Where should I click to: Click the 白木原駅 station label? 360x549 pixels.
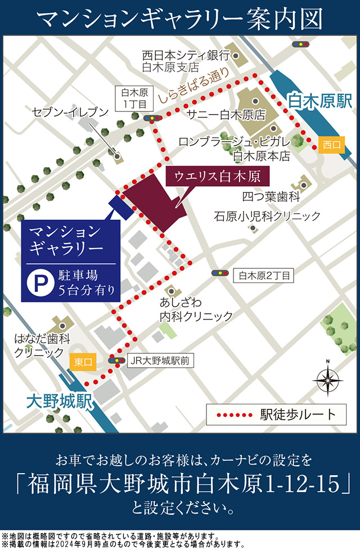pyautogui.click(x=319, y=101)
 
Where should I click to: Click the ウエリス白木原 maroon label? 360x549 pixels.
pyautogui.click(x=217, y=177)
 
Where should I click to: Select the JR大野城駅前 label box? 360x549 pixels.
pyautogui.click(x=160, y=361)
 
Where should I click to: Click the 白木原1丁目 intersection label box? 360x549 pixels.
pyautogui.click(x=133, y=98)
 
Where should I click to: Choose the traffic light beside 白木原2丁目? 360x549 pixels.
pyautogui.click(x=220, y=273)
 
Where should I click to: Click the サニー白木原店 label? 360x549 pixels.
pyautogui.click(x=226, y=115)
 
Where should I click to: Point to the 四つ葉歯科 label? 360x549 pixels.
pyautogui.click(x=270, y=197)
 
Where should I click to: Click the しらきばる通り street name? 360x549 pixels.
pyautogui.click(x=193, y=85)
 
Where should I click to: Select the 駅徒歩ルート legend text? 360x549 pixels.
pyautogui.click(x=298, y=415)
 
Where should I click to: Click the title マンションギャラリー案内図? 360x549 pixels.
pyautogui.click(x=180, y=19)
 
